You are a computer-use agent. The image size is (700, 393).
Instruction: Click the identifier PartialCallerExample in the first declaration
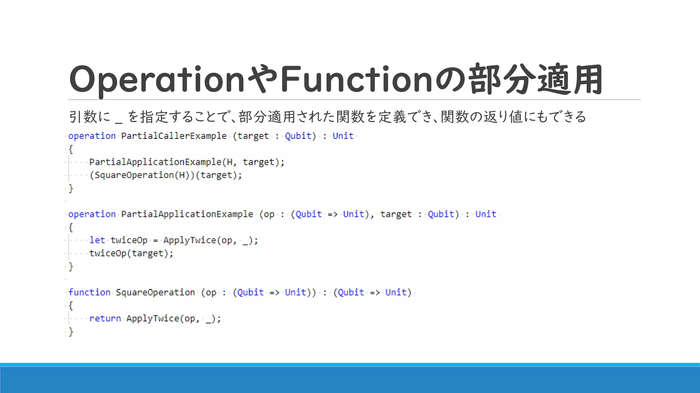174,136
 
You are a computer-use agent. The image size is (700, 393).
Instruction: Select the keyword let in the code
97,240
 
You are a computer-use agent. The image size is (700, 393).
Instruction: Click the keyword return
105,318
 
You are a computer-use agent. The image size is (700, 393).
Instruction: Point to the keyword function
89,292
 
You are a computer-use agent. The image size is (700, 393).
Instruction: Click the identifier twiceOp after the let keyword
129,240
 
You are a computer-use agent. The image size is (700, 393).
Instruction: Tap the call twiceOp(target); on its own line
131,253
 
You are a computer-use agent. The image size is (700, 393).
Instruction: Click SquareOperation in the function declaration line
155,292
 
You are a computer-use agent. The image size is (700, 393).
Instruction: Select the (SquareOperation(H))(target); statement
166,175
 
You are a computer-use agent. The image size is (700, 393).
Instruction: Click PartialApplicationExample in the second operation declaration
187,214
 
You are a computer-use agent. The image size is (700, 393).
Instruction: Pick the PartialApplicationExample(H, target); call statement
187,162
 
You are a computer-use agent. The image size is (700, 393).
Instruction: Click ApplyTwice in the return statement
152,318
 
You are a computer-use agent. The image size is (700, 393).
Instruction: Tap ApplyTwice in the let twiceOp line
189,240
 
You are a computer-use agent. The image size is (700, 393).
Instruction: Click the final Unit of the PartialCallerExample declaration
343,136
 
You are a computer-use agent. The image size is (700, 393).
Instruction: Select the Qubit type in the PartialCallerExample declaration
298,136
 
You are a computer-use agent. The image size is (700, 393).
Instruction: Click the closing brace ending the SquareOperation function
71,332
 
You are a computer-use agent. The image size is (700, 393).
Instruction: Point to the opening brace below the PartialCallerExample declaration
71,149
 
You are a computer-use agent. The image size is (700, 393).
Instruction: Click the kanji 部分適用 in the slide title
536,79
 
